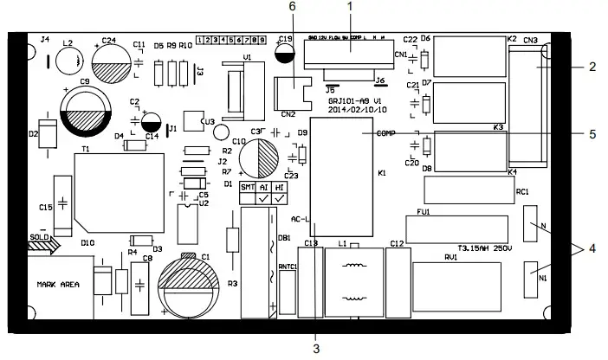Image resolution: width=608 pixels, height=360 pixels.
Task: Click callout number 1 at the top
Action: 351,7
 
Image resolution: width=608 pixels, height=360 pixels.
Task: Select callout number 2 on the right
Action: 592,66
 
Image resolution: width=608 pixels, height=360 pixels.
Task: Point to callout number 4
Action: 592,249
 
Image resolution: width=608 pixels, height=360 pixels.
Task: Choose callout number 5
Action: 592,133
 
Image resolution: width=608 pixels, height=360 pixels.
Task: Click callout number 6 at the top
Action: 292,7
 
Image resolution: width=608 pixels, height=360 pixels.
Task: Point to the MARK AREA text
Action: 59,284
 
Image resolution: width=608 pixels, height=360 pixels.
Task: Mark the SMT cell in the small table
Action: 248,187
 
